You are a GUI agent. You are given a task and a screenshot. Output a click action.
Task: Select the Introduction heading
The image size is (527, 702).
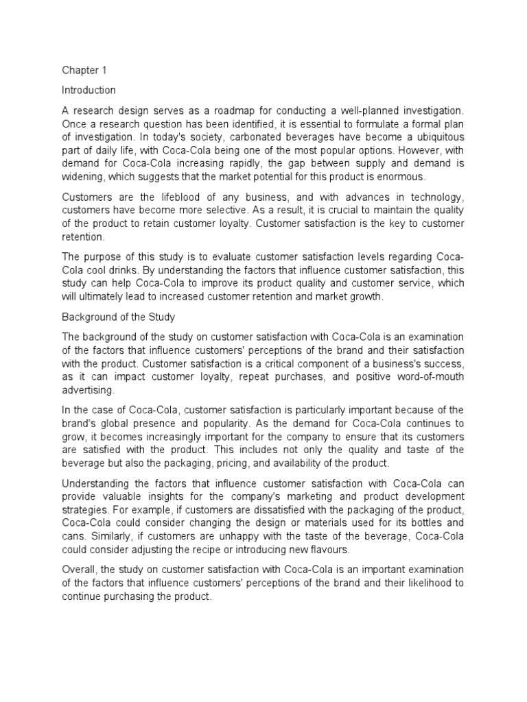pos(89,90)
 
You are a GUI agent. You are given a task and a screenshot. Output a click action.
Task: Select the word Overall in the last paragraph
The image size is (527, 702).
pos(79,570)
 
